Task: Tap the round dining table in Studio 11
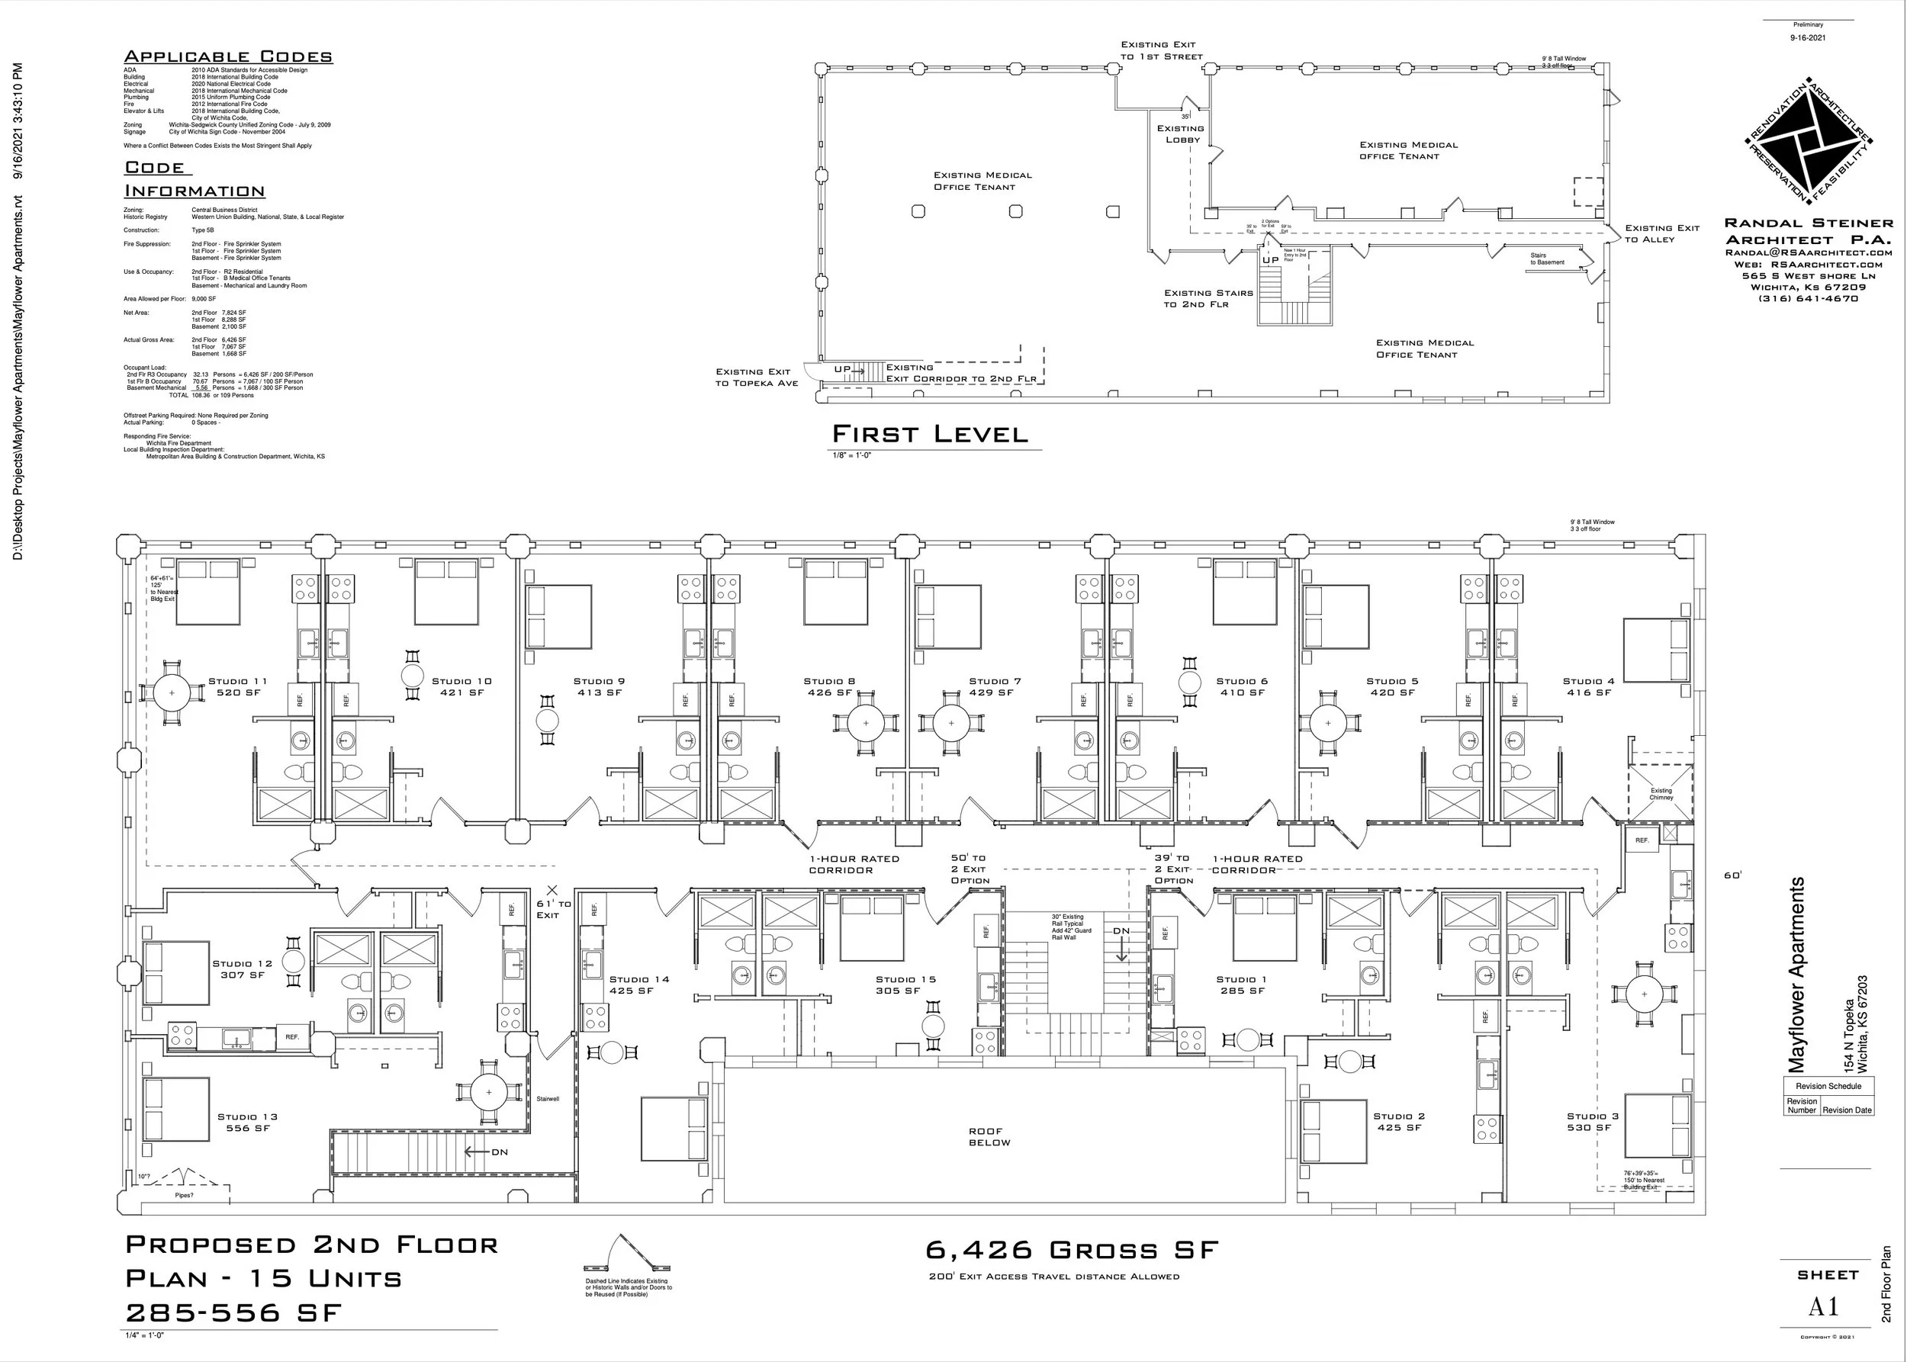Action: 172,692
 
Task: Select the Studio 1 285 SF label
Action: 1242,985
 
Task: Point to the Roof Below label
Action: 989,1136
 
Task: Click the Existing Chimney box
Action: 1661,793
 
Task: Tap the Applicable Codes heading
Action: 228,56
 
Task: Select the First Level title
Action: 930,434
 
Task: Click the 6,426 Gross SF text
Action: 1072,1251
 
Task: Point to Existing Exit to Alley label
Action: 1661,233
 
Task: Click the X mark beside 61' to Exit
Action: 552,890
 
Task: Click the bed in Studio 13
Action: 176,1110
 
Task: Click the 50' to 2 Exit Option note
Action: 969,869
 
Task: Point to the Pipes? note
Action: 184,1195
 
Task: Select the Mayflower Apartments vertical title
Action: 1796,975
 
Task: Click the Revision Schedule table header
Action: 1828,1086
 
